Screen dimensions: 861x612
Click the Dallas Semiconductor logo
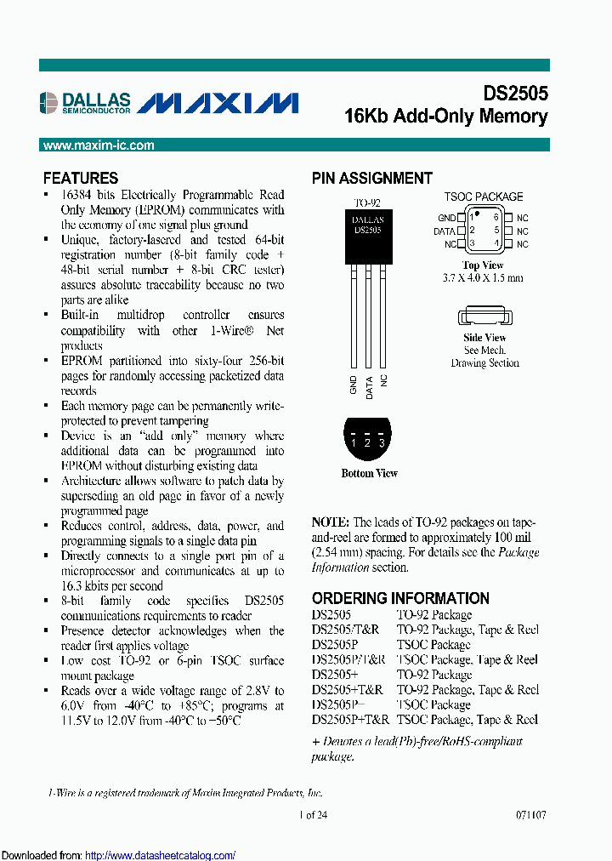tap(86, 103)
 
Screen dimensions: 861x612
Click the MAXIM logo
tap(218, 103)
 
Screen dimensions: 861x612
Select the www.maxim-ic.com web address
tap(99, 145)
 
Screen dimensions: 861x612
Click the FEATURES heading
tap(81, 178)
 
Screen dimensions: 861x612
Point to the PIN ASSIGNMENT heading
tap(372, 178)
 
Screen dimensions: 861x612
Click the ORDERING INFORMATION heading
tap(400, 598)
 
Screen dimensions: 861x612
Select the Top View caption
tap(483, 265)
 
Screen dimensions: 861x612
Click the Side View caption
tap(484, 338)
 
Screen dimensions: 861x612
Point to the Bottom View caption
tap(369, 473)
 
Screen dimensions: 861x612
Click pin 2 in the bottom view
tap(367, 442)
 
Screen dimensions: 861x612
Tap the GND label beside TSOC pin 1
tap(446, 218)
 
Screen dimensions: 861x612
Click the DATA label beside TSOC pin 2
tap(445, 231)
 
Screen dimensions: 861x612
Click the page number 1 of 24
tap(314, 814)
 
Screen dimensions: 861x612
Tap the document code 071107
tap(530, 814)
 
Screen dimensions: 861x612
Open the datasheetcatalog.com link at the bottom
tap(161, 855)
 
